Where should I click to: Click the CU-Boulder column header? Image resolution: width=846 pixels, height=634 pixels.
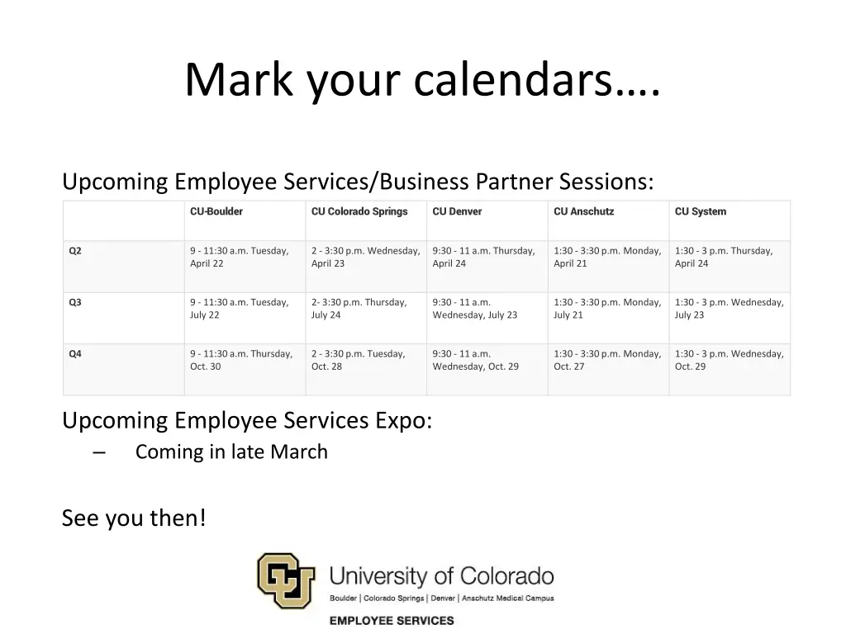click(216, 211)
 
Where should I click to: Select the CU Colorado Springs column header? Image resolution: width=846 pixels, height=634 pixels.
click(359, 211)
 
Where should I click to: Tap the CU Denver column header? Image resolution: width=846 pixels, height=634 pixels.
click(457, 211)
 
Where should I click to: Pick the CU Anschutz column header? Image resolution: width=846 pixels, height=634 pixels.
click(583, 211)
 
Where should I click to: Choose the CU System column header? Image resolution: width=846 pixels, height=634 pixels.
click(701, 211)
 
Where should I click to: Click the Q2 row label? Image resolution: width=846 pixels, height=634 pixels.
click(75, 251)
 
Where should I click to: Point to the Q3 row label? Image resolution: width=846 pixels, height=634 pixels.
click(75, 302)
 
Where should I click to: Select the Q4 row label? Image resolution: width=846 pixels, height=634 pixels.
click(75, 354)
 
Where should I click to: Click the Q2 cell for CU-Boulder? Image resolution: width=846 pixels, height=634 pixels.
click(240, 257)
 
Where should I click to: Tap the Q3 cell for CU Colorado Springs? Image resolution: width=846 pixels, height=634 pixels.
click(359, 308)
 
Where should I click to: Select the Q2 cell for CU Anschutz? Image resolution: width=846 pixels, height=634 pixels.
click(607, 257)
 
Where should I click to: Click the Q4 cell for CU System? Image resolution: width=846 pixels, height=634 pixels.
click(729, 360)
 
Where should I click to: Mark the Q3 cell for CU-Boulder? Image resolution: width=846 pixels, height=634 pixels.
click(240, 308)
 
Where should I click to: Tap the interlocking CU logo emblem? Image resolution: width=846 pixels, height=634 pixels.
click(286, 580)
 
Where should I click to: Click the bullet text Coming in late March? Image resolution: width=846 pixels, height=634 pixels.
click(231, 452)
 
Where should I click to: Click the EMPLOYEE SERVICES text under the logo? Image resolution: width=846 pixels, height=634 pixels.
click(392, 620)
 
